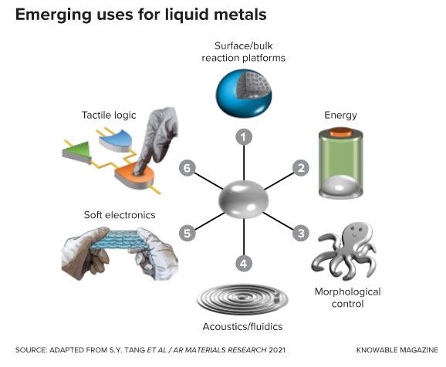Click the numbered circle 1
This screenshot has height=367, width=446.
[x=244, y=136]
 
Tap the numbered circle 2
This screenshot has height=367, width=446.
[x=301, y=168]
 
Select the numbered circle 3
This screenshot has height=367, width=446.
[x=301, y=233]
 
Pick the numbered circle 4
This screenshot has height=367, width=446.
[x=244, y=264]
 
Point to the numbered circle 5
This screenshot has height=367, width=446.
[x=188, y=233]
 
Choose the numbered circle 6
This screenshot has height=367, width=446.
[x=188, y=168]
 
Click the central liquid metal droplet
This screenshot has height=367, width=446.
[x=243, y=199]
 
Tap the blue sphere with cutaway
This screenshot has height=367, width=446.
[x=244, y=93]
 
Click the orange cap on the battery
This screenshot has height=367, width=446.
[x=341, y=132]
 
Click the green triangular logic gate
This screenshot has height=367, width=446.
[x=77, y=152]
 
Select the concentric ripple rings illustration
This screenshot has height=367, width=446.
[x=242, y=299]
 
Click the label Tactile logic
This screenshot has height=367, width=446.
[x=109, y=115]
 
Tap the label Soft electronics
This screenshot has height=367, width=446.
[x=120, y=215]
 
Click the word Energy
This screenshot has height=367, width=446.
[x=340, y=116]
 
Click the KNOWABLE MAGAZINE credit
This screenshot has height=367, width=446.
[x=397, y=350]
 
